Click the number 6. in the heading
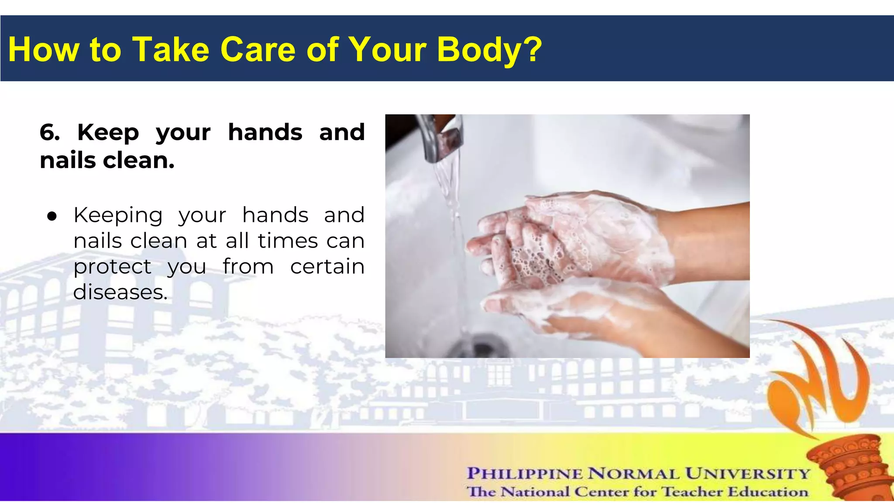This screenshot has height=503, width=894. (x=50, y=132)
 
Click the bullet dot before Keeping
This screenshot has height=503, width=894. (x=52, y=216)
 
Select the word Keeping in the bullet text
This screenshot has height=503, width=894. (x=118, y=216)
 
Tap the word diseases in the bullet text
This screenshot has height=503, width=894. (x=120, y=292)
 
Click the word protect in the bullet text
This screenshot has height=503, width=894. (x=112, y=267)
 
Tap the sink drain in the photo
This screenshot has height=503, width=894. (x=480, y=347)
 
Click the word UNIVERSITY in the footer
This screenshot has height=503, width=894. (x=747, y=473)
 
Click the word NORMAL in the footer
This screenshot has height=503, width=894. (x=633, y=473)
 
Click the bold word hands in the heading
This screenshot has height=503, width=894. (x=265, y=132)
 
